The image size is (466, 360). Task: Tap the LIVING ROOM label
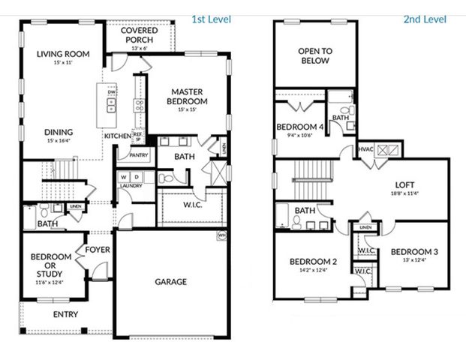[63, 54]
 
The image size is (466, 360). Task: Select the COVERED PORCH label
[140, 35]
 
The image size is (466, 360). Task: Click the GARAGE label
[172, 282]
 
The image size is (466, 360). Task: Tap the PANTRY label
[139, 156]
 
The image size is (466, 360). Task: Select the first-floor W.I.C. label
[192, 204]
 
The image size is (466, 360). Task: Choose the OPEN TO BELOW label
[314, 56]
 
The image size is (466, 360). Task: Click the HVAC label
[365, 149]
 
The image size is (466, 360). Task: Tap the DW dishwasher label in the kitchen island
[111, 92]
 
